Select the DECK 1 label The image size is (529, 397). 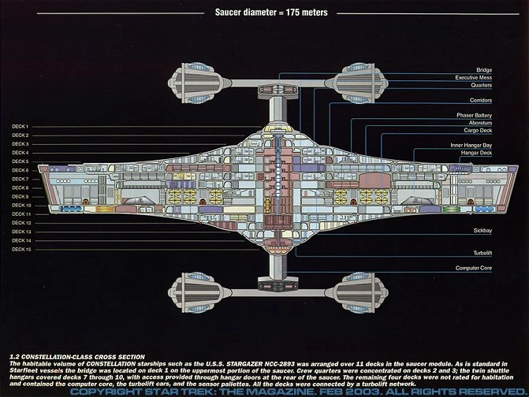tap(20, 127)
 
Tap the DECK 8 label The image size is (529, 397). tap(20, 188)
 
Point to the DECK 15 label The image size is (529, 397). tap(21, 249)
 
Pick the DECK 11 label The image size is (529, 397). tap(21, 214)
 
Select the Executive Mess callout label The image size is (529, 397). tap(474, 77)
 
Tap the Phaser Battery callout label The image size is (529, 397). tap(475, 115)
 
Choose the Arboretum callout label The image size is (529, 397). tap(479, 123)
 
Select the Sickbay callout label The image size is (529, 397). tap(482, 231)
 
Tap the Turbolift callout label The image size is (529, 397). tap(482, 253)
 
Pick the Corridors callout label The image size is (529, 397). tap(480, 100)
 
